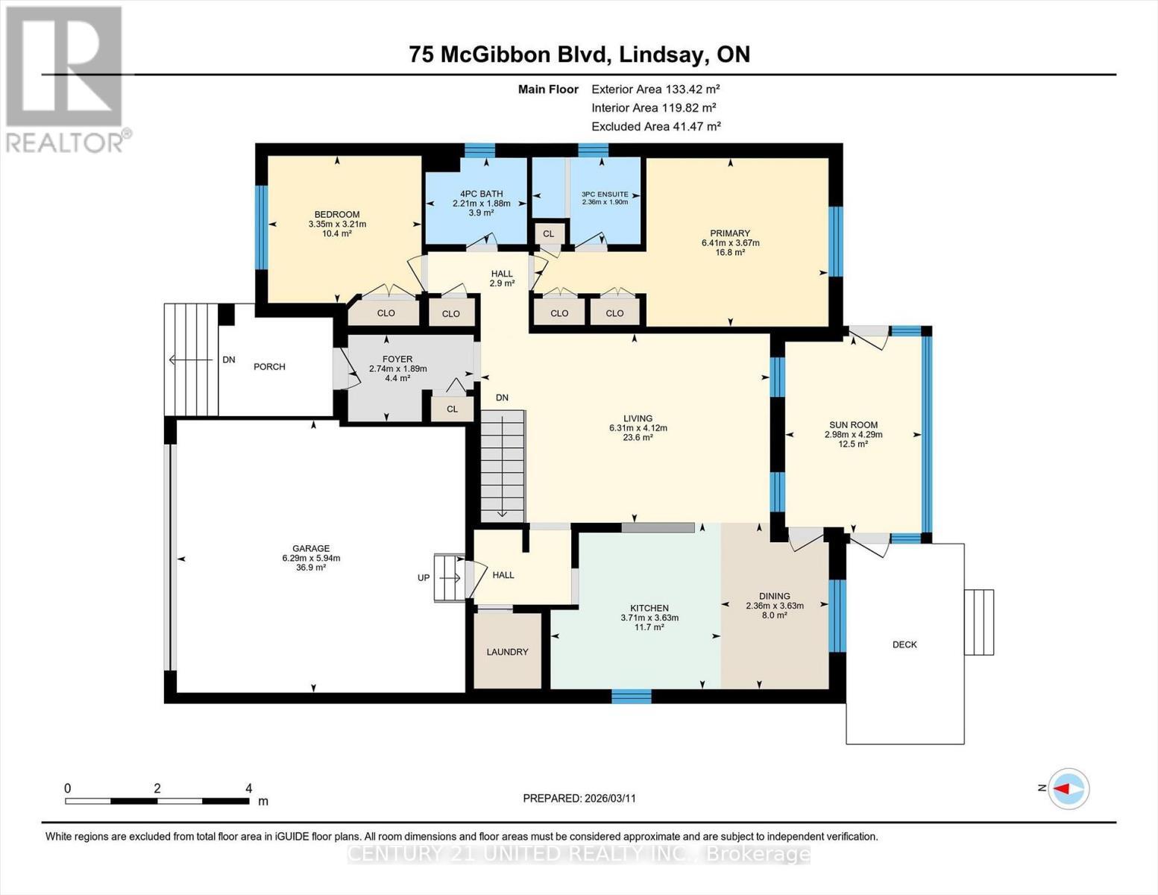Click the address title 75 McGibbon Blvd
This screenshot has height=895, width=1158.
[x=579, y=54]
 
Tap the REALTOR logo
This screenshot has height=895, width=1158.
[x=65, y=78]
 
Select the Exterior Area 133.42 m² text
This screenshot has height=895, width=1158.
[x=655, y=89]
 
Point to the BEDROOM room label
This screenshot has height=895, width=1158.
[x=337, y=214]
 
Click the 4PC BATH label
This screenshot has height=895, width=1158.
[x=481, y=194]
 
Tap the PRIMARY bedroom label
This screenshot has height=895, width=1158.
[x=730, y=233]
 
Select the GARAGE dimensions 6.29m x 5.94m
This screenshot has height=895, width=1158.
[x=311, y=558]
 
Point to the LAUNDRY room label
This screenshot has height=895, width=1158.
[x=507, y=652]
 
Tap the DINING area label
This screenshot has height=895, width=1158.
[x=774, y=596]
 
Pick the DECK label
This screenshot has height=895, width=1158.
[x=904, y=644]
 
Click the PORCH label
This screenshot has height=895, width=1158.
[x=269, y=366]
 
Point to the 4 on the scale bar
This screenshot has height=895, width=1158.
[x=249, y=788]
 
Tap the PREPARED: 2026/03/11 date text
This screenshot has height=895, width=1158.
[x=579, y=798]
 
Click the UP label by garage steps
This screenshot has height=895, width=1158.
[x=423, y=577]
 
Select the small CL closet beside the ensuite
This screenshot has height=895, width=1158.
[x=548, y=233]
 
